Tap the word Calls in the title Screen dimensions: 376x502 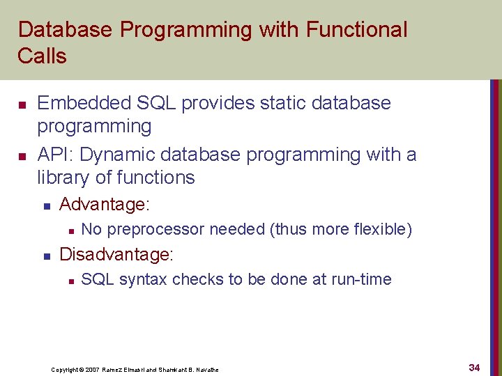pyautogui.click(x=43, y=56)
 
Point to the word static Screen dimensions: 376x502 pyautogui.click(x=275, y=103)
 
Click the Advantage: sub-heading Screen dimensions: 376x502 pyautogui.click(x=105, y=205)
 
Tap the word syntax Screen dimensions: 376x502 pyautogui.click(x=144, y=279)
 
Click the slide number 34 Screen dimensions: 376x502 pyautogui.click(x=474, y=367)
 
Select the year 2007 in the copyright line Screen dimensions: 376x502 pyautogui.click(x=92, y=369)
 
